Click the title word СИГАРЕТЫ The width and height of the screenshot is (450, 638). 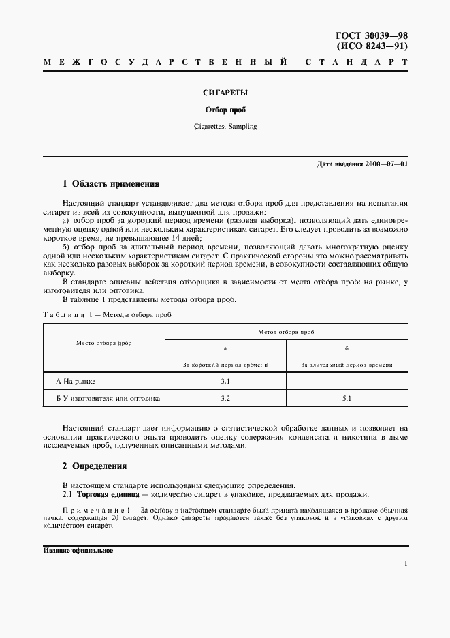point(225,92)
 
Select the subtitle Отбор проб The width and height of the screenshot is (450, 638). point(225,110)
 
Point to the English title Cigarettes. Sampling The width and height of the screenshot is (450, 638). point(225,127)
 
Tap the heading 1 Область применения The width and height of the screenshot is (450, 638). point(110,184)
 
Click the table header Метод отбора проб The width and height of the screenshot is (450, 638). point(287,331)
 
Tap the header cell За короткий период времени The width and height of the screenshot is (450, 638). point(225,365)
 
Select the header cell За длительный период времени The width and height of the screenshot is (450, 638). point(347,365)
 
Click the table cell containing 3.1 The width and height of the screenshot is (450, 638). point(225,382)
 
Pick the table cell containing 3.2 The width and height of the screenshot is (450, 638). point(225,398)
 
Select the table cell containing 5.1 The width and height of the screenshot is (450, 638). point(347,398)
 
